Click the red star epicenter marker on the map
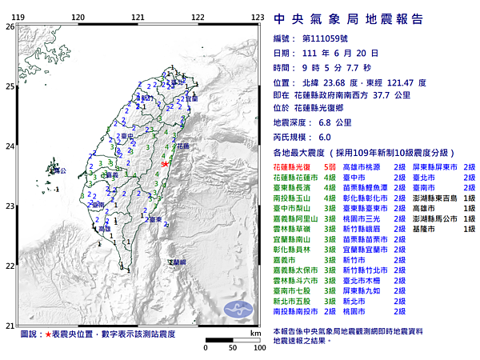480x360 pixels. click(x=165, y=163)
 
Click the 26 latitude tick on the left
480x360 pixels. click(x=10, y=26)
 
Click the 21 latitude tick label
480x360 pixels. click(x=10, y=325)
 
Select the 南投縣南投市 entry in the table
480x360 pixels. click(x=297, y=311)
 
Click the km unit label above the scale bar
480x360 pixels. click(x=254, y=332)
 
